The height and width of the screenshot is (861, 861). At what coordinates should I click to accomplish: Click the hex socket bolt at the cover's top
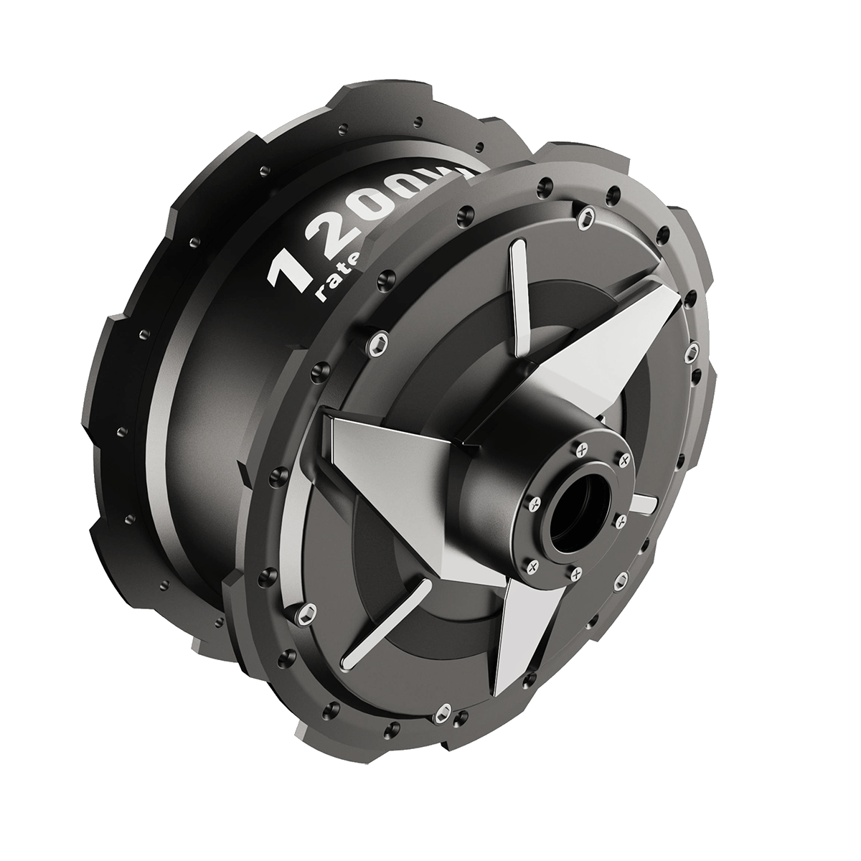click(587, 212)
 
